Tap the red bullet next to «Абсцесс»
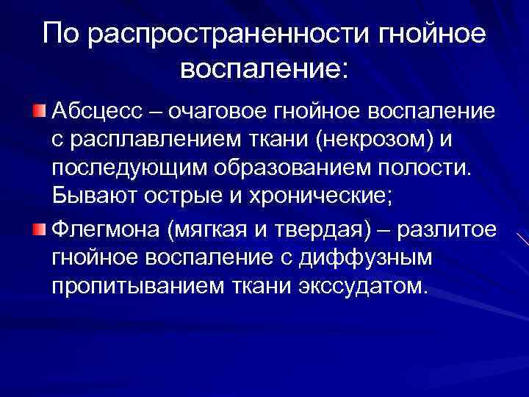[39, 110]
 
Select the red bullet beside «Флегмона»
[39, 232]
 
